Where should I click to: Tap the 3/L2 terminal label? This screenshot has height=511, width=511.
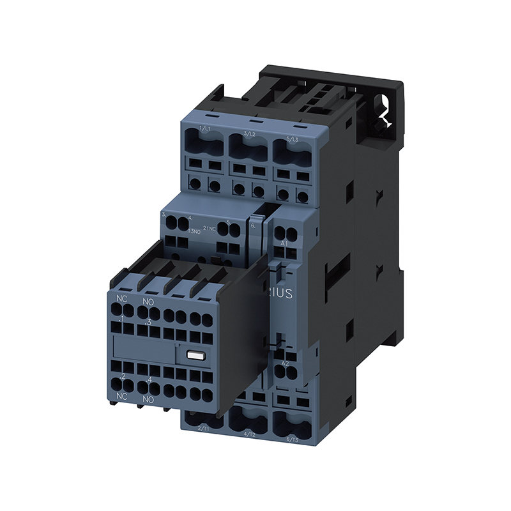click(x=250, y=133)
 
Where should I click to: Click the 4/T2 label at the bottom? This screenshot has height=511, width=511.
click(x=249, y=434)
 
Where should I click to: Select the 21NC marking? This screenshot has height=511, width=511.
click(x=210, y=228)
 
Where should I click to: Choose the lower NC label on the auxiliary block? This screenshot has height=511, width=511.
click(x=120, y=397)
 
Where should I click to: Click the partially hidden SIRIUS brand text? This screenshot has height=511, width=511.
click(x=281, y=294)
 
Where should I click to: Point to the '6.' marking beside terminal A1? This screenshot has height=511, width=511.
click(x=253, y=225)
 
